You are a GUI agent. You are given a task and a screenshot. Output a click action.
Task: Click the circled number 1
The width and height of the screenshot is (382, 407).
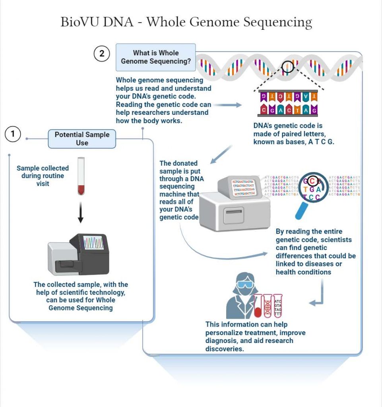13,134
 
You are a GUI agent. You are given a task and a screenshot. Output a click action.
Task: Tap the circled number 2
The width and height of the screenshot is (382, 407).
102,54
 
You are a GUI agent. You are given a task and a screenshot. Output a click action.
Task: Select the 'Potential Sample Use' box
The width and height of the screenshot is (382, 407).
82,139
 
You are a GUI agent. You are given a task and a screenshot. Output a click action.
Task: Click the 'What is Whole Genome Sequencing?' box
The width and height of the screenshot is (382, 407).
155,57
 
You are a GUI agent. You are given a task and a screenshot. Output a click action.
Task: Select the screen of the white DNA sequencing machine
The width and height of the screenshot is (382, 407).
242,186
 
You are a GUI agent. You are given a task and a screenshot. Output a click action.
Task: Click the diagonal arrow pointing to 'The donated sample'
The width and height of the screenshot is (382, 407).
221,155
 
